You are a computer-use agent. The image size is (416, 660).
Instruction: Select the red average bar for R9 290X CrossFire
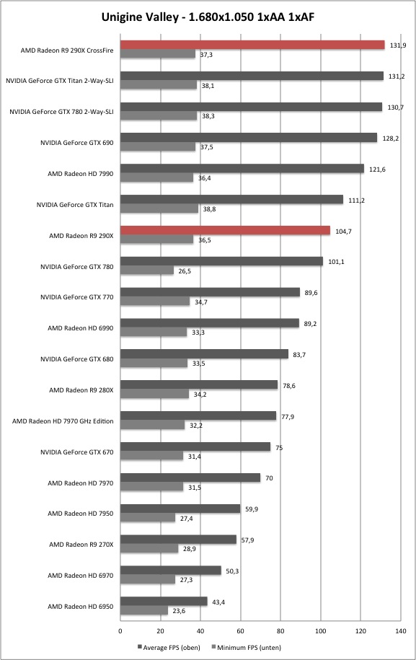(x=252, y=45)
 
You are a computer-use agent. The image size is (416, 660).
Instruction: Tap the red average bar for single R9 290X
(x=226, y=230)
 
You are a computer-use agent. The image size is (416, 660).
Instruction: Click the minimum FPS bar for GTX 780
(x=147, y=270)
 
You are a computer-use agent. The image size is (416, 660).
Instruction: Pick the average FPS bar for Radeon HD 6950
(x=164, y=601)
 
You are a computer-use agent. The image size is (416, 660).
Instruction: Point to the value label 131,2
(x=397, y=76)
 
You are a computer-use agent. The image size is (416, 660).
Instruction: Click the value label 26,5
(x=185, y=271)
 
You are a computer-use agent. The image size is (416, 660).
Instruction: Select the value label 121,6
(x=377, y=170)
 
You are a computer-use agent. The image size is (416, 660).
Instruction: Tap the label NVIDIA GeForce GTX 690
(x=77, y=143)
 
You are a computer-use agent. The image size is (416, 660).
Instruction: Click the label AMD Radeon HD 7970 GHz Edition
(x=63, y=421)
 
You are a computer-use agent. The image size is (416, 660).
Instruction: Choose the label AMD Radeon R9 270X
(x=81, y=545)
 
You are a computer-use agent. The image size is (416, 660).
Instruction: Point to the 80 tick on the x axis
(x=280, y=631)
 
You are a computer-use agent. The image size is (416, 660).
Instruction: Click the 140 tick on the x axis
(x=401, y=631)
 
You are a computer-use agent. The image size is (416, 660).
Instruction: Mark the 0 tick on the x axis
(x=120, y=631)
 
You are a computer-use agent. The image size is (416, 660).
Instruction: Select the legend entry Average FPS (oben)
(x=169, y=647)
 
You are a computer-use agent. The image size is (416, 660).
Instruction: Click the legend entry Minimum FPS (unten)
(x=246, y=647)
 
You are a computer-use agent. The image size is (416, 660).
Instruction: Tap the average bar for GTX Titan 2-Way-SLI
(x=252, y=76)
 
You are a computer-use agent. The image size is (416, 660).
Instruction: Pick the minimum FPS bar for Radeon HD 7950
(x=148, y=518)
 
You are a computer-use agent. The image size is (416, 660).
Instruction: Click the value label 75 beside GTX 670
(x=279, y=448)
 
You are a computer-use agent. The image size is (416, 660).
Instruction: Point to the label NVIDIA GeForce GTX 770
(x=77, y=296)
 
